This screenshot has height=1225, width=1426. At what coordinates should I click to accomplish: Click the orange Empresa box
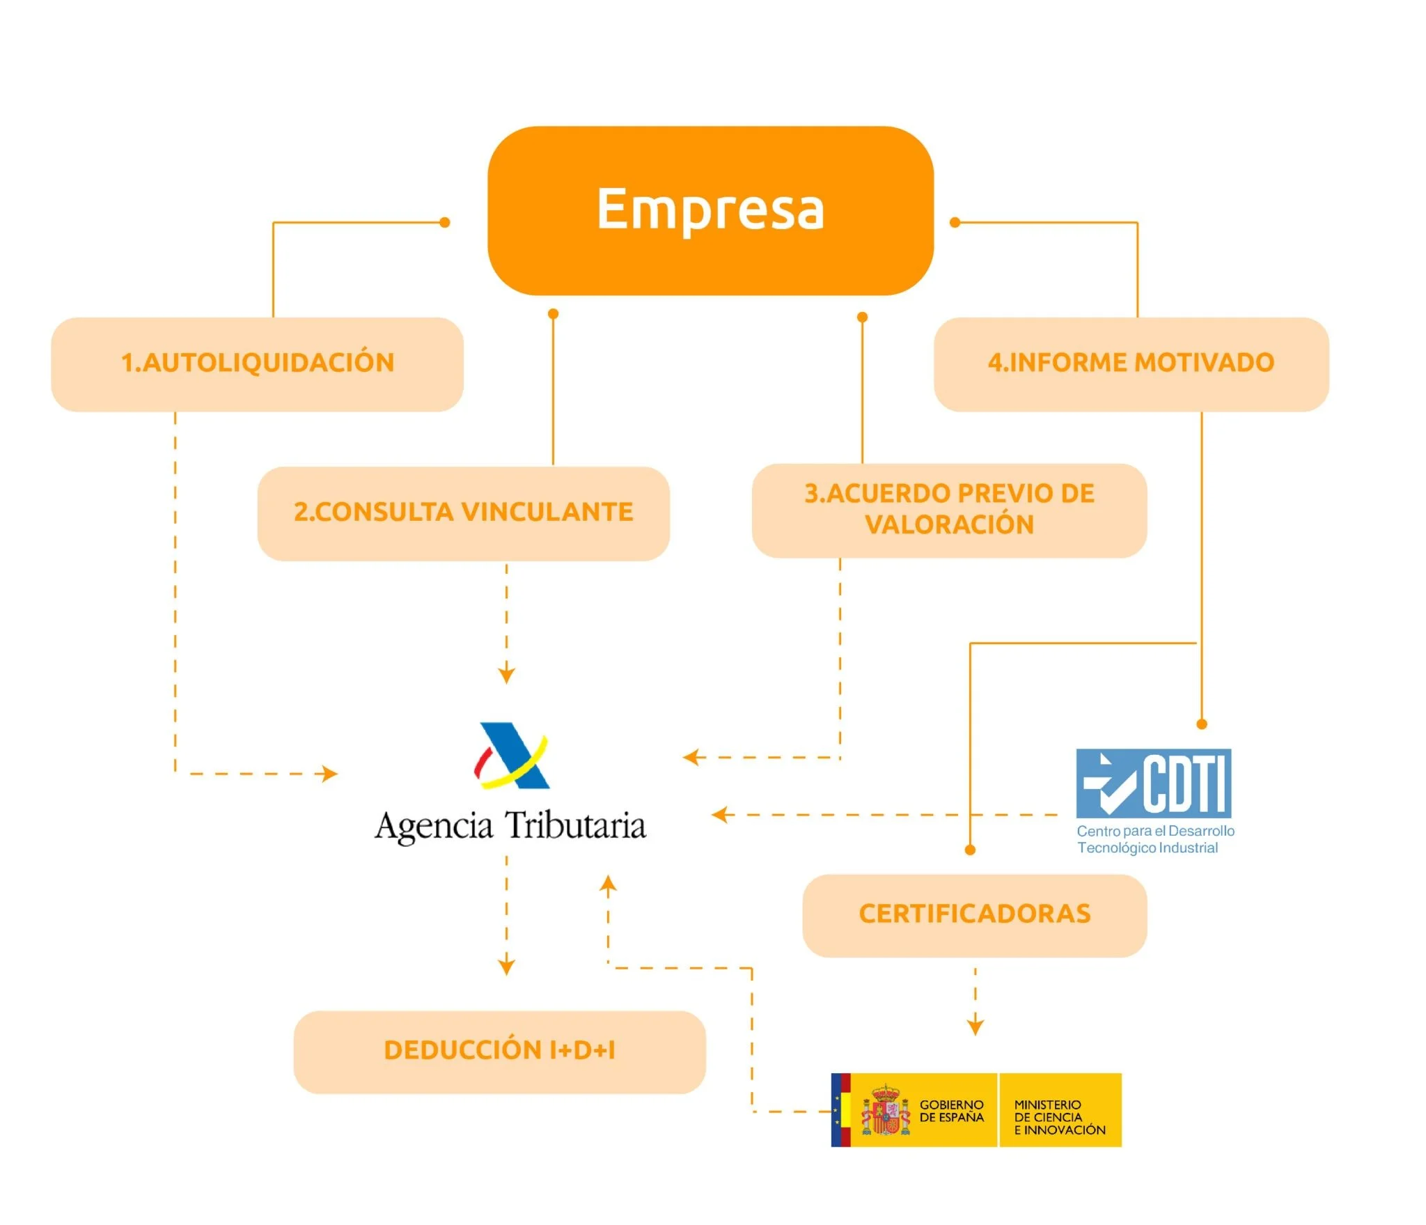coord(710,210)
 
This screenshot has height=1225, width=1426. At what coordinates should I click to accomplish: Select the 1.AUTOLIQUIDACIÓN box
coord(257,364)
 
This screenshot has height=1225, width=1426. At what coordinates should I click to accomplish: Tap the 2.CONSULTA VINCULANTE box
coord(463,513)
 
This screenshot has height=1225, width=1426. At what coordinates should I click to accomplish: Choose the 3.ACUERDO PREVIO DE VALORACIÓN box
coord(949,510)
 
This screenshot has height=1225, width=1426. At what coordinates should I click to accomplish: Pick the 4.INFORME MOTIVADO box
coord(1131,364)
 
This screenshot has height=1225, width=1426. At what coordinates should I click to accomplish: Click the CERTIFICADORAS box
coord(974,914)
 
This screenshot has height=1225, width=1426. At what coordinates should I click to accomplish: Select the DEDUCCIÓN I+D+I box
coord(499,1051)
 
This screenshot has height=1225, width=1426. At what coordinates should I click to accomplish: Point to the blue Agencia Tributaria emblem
coord(512,756)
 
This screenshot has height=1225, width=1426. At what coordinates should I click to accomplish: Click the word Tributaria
coord(575,826)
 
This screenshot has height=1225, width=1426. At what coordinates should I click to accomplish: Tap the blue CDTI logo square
coord(1153,783)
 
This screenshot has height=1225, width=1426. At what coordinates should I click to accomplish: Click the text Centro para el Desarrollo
coord(1155,831)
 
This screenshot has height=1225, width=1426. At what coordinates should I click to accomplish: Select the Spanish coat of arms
coord(886,1110)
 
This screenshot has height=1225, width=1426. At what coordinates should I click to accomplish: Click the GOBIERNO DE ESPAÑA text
coord(951,1111)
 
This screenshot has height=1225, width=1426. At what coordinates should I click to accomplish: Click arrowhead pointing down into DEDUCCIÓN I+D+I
coord(506,967)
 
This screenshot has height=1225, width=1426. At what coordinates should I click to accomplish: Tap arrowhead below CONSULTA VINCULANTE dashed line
coord(506,675)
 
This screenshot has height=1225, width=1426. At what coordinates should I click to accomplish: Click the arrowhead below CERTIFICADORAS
coord(975,1027)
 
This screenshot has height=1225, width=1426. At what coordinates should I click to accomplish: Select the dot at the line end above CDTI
coord(1201,724)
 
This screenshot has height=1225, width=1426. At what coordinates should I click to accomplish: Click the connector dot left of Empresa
coord(445,223)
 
